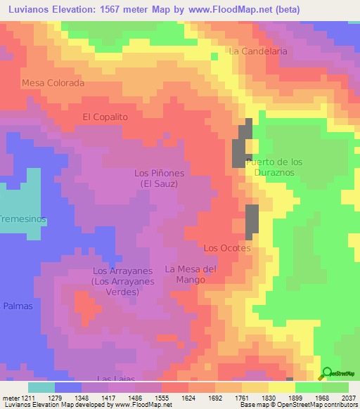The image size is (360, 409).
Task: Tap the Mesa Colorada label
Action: tap(53, 83)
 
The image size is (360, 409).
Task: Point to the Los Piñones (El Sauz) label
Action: tap(158, 178)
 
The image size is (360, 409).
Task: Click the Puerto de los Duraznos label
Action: tap(274, 167)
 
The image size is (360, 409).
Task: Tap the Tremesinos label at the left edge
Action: tap(23, 219)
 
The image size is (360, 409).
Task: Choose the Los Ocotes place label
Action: tap(226, 248)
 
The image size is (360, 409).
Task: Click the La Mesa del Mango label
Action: tap(191, 274)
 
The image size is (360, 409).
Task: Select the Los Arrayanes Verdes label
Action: tap(123, 281)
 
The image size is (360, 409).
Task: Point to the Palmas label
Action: tap(18, 306)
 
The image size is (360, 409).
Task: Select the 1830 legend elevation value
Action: tap(259, 396)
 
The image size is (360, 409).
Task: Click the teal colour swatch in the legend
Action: tap(41, 387)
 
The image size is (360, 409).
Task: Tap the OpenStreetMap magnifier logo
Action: tap(326, 372)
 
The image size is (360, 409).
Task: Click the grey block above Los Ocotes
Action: tap(252, 222)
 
